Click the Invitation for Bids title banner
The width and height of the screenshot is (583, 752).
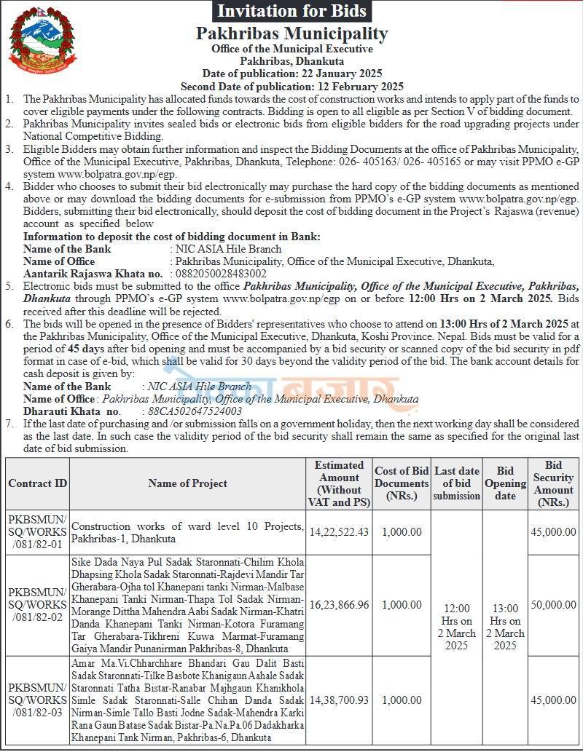pos(291,11)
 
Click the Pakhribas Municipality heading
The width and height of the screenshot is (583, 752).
pos(291,33)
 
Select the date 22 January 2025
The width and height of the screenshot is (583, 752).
pos(340,74)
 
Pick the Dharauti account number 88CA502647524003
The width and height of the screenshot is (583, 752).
pos(195,411)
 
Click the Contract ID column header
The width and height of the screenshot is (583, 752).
pos(38,483)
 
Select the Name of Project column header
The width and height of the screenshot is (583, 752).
pos(187,483)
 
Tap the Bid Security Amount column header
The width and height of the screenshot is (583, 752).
pos(553,483)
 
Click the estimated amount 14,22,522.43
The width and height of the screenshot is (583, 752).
pos(339,532)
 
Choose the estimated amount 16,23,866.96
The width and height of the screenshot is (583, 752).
pos(339,604)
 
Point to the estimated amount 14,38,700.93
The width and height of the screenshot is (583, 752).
pos(339,700)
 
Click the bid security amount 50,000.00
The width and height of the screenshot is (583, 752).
pos(553,604)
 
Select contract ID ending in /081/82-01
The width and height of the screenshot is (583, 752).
pos(38,532)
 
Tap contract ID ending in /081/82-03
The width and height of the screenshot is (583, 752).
pos(38,700)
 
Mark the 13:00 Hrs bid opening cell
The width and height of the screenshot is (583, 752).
pos(505,627)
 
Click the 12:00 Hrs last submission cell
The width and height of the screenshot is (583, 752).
pos(457,627)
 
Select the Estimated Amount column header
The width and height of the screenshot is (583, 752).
pos(339,483)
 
